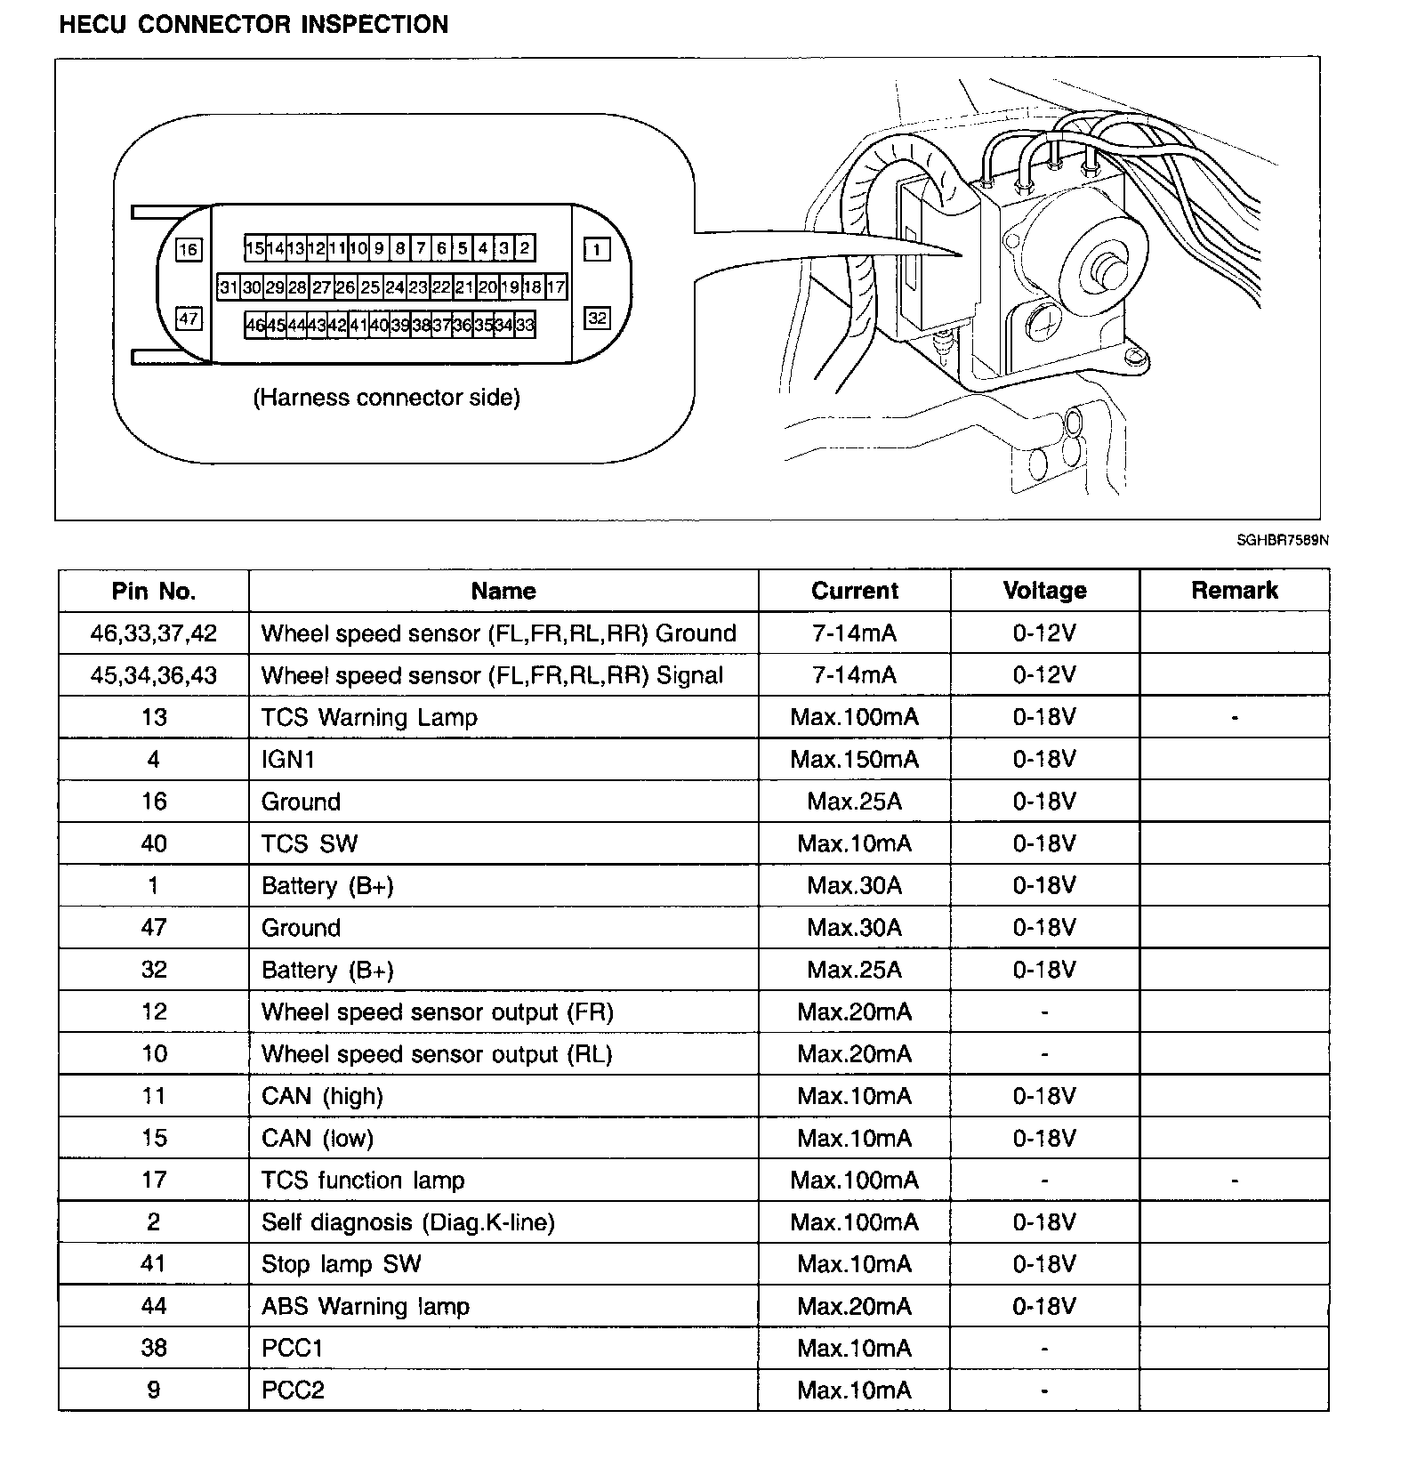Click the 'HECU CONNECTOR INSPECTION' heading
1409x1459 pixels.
[x=254, y=24]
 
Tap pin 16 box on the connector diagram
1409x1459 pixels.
[x=189, y=249]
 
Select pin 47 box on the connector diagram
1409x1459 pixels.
[x=189, y=318]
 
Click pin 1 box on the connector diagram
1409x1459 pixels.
[x=597, y=249]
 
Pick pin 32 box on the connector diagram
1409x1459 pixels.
[x=597, y=318]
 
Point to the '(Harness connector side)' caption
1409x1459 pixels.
[x=386, y=397]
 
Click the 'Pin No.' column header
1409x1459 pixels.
[x=154, y=591]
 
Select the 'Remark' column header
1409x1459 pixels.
[x=1234, y=591]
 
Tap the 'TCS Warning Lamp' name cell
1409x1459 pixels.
[x=369, y=717]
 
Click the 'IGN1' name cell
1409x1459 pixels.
[x=288, y=759]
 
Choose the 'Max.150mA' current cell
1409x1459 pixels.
[x=854, y=759]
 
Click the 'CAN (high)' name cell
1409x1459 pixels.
[x=322, y=1095]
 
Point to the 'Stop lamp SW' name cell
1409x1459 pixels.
[x=341, y=1263]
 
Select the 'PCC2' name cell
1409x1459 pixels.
[x=293, y=1390]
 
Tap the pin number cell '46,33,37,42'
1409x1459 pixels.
[x=154, y=633]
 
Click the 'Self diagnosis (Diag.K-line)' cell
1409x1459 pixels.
[x=407, y=1221]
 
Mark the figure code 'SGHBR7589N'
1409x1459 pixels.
[x=1282, y=540]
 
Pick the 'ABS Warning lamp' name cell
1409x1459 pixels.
[x=365, y=1306]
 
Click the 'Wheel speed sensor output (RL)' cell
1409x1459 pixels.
[x=437, y=1053]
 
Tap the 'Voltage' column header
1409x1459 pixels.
[x=1044, y=591]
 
